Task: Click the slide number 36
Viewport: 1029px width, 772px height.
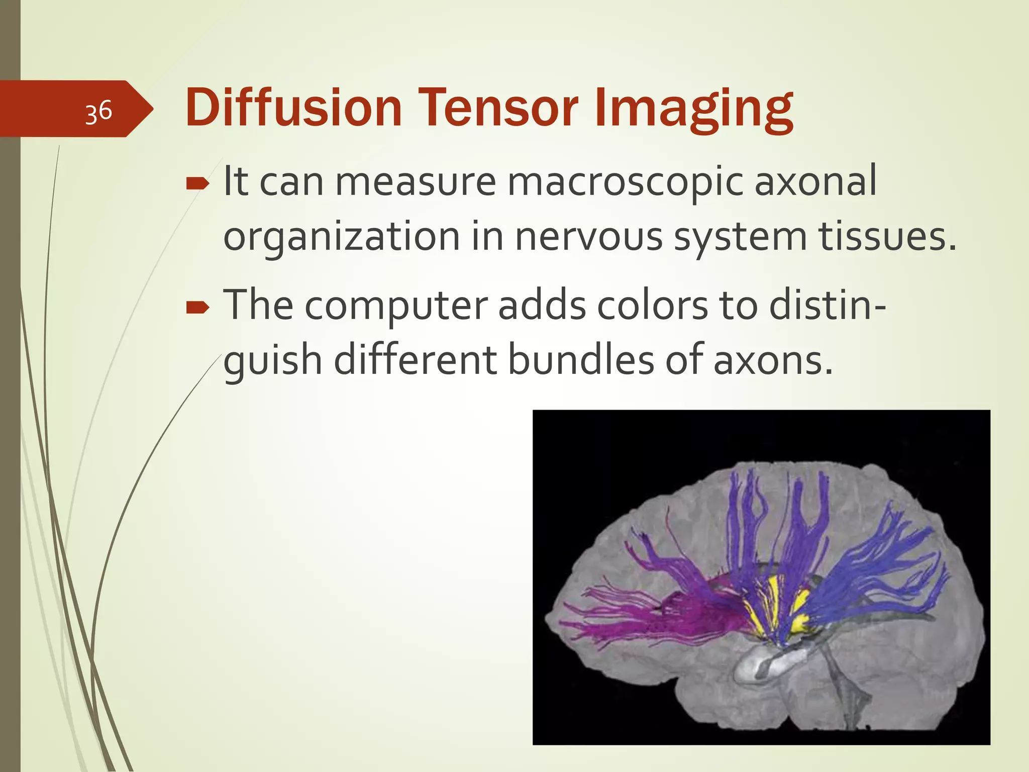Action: pyautogui.click(x=98, y=111)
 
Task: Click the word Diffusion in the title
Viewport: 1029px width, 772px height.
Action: pyautogui.click(x=293, y=108)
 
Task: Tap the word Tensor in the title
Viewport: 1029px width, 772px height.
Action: pyautogui.click(x=498, y=108)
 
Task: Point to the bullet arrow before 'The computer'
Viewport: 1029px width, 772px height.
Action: pyautogui.click(x=197, y=308)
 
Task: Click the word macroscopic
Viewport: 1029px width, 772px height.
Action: pyautogui.click(x=625, y=182)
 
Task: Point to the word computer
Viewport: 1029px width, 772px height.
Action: pyautogui.click(x=396, y=307)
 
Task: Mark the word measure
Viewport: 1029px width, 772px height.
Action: pyautogui.click(x=416, y=182)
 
